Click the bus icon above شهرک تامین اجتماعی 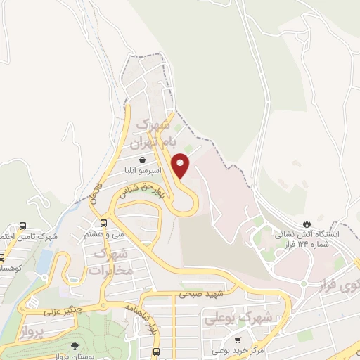pos(23,226)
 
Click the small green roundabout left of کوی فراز pos(304,283)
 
